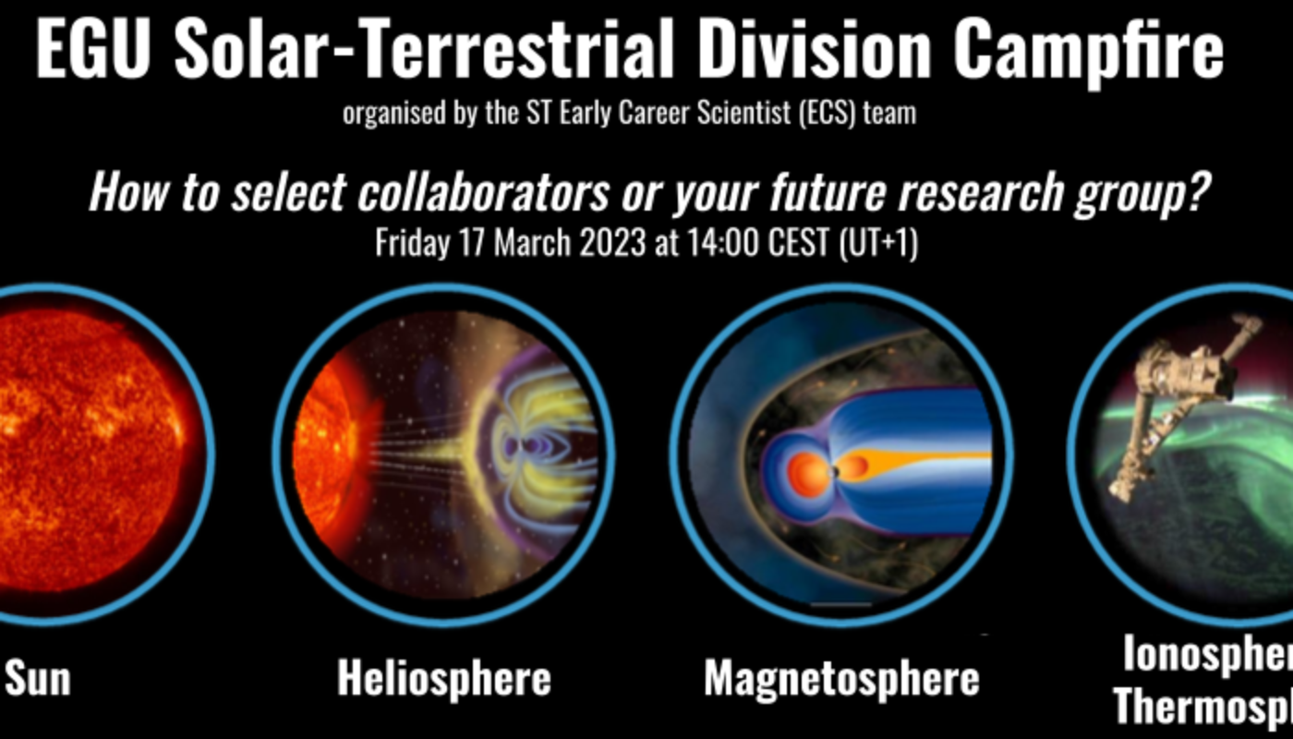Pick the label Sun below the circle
[x=38, y=679]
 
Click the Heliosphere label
[x=443, y=679]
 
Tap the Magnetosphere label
[x=841, y=679]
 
